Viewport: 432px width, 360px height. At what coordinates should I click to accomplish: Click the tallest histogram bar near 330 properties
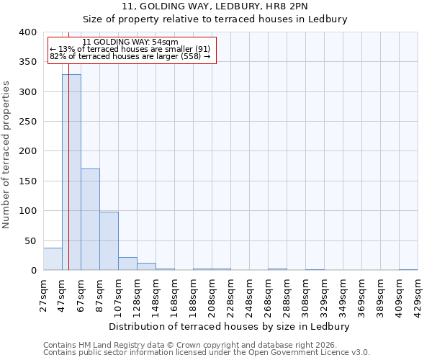[71, 173]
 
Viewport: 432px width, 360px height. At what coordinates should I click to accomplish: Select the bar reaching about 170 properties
[90, 220]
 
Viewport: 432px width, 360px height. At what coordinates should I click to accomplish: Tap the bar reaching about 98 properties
[109, 241]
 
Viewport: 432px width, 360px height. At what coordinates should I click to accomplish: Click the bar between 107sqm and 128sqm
[127, 264]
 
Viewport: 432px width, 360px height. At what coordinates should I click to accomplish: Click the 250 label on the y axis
[27, 151]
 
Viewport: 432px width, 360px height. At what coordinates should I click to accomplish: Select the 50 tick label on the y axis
[30, 240]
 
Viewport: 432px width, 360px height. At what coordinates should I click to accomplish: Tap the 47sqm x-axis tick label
[63, 292]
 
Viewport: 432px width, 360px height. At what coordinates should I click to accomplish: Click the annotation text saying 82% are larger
[130, 56]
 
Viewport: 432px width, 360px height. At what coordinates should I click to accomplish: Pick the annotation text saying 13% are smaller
[130, 49]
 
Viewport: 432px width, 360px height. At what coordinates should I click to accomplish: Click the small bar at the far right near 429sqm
[408, 269]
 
